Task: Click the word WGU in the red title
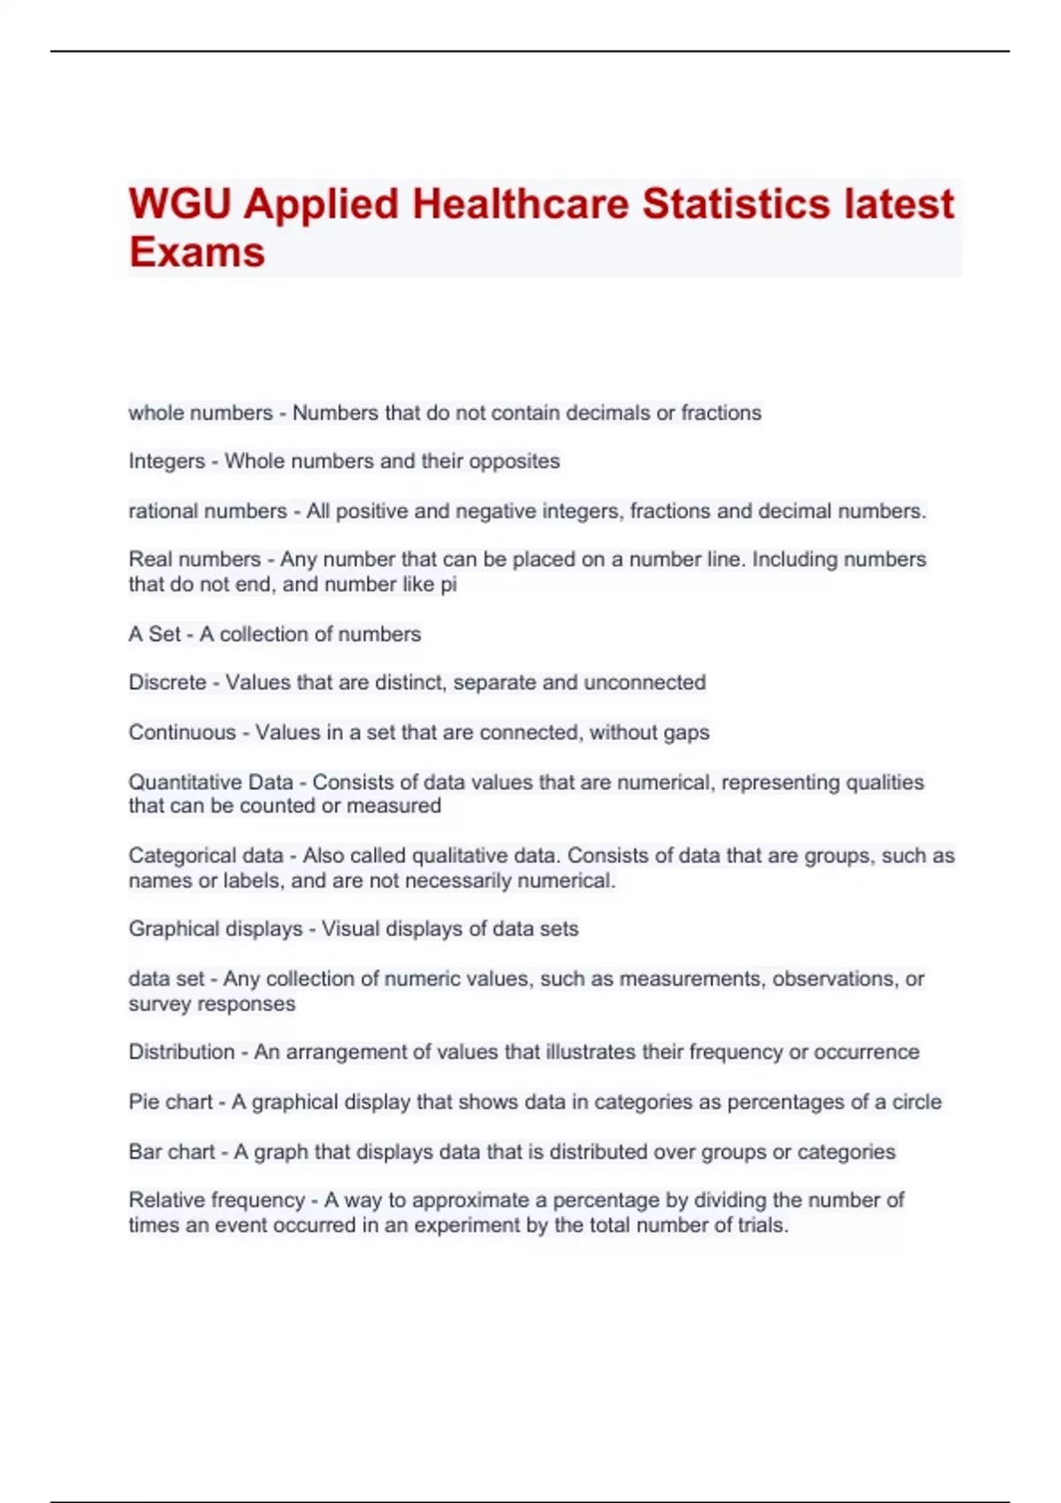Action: (179, 204)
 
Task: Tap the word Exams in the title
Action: (196, 252)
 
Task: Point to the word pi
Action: (448, 584)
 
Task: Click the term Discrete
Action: (167, 683)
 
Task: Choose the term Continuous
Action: (182, 733)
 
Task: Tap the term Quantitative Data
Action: (210, 782)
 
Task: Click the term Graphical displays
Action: (216, 929)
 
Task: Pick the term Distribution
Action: (181, 1052)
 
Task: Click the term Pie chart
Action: (171, 1102)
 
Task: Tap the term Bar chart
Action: (172, 1152)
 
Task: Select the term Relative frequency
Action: (217, 1201)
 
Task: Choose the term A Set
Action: (155, 634)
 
